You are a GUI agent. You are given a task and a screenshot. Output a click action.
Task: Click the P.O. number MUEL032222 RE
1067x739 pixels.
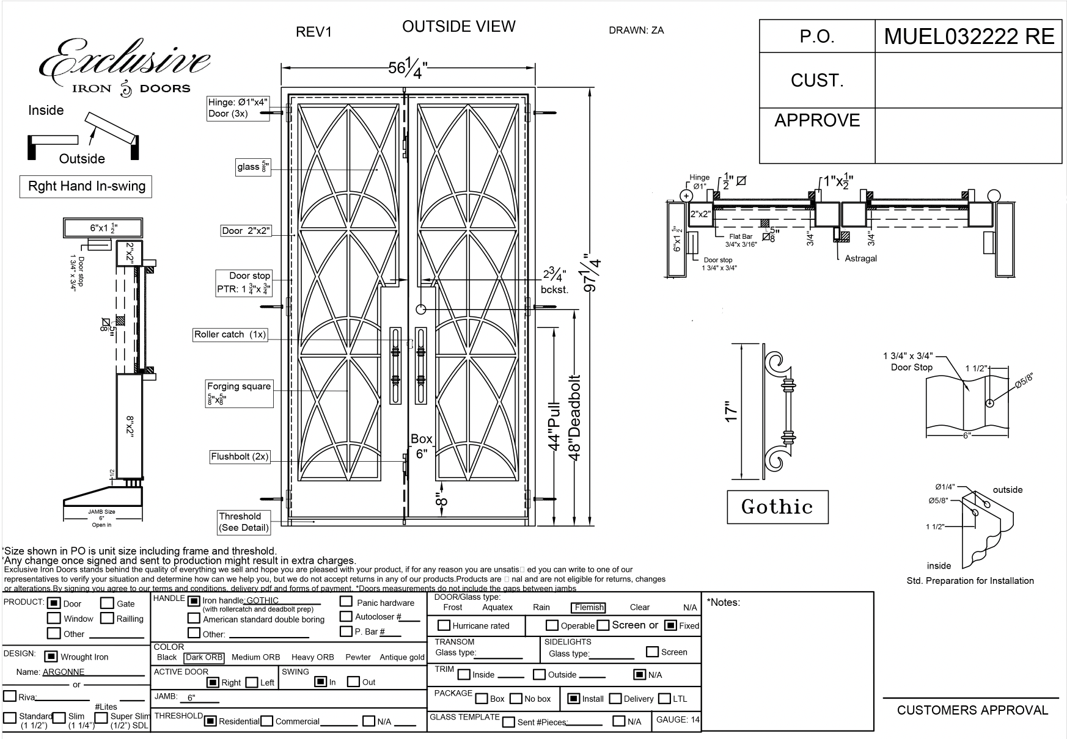(x=969, y=37)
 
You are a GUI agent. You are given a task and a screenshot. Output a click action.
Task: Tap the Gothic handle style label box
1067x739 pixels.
(x=777, y=507)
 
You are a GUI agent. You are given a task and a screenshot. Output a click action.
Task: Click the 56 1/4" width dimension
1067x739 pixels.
(x=406, y=68)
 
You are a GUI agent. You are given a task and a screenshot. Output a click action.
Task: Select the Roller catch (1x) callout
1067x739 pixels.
(x=230, y=335)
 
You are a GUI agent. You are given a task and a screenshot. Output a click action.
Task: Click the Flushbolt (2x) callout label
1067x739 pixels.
(x=240, y=457)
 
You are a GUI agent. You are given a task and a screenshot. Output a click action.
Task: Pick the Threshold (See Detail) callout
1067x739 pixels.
(x=244, y=522)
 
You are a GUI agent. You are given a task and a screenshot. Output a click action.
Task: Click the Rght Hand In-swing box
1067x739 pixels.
(x=86, y=187)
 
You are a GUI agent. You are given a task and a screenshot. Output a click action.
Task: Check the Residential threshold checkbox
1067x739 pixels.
(x=210, y=721)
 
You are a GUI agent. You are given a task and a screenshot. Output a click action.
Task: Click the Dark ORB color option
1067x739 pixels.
(x=204, y=658)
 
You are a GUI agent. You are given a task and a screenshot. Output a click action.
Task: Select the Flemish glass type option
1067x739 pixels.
(x=589, y=608)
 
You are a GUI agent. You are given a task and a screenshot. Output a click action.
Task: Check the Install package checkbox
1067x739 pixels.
(x=573, y=699)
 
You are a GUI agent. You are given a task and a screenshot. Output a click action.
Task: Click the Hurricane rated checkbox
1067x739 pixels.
(x=444, y=625)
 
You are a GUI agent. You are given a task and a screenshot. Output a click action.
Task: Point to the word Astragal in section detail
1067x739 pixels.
(x=860, y=258)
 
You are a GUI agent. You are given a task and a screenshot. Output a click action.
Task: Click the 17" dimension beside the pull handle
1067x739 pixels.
(x=732, y=411)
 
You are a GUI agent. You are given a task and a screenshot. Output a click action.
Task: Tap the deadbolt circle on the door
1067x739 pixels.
(x=420, y=309)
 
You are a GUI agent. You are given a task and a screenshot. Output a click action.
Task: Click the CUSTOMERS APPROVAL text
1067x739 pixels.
(x=972, y=710)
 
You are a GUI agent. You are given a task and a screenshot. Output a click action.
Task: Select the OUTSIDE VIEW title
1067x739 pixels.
(x=458, y=27)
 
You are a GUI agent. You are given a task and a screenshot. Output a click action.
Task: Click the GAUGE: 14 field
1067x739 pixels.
(x=677, y=720)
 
